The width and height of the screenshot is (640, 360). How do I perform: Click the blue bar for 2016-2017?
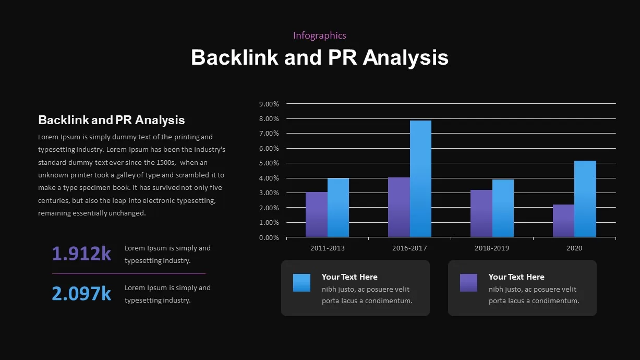[x=420, y=178]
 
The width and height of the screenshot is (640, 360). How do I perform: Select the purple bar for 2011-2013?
[x=317, y=214]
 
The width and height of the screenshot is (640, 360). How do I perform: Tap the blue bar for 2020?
[x=585, y=199]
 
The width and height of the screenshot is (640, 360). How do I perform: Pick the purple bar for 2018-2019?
[x=481, y=213]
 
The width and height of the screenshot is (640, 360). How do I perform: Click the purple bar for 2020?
[x=563, y=221]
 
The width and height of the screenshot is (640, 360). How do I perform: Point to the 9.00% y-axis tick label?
[x=269, y=104]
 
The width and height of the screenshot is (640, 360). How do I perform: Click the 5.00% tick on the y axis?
[x=269, y=163]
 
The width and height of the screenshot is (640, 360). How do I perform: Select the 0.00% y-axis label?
[x=269, y=238]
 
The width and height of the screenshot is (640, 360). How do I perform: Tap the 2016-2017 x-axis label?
[x=409, y=248]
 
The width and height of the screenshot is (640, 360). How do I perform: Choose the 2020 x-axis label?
[x=574, y=248]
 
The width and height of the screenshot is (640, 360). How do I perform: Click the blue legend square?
[x=301, y=283]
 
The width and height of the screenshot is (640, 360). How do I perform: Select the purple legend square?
[x=468, y=283]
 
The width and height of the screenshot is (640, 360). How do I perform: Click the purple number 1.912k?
[x=81, y=254]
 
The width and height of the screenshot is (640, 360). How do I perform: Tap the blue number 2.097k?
[x=81, y=293]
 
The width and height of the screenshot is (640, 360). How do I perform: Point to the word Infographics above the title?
[x=320, y=35]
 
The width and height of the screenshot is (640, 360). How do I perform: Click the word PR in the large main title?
[x=342, y=57]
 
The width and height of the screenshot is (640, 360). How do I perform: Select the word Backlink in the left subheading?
[x=64, y=120]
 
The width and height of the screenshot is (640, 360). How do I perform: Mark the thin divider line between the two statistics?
[x=129, y=273]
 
